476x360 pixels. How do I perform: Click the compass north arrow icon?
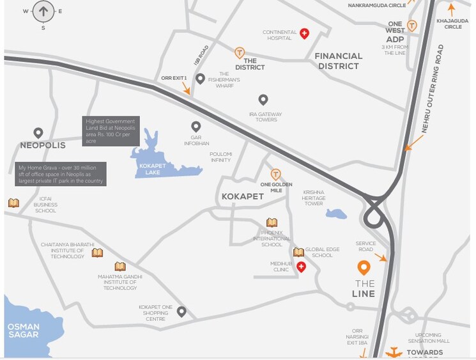click(43, 10)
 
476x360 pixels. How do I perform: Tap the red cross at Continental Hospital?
click(305, 33)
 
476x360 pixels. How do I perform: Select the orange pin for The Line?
click(364, 268)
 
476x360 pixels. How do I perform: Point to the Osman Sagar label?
click(24, 331)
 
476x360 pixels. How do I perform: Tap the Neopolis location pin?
click(38, 133)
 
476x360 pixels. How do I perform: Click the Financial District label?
click(339, 61)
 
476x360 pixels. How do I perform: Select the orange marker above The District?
click(240, 52)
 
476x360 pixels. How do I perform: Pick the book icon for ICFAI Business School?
click(13, 203)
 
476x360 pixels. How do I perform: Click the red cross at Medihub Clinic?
click(300, 267)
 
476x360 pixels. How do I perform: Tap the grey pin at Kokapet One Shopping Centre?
click(181, 311)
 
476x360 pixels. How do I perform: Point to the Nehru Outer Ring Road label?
click(433, 89)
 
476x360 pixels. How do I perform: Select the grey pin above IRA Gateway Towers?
click(263, 100)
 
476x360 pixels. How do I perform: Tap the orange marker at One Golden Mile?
click(276, 174)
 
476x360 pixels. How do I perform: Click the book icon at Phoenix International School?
click(272, 223)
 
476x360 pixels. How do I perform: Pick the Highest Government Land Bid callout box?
click(110, 130)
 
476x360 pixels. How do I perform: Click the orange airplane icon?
click(394, 352)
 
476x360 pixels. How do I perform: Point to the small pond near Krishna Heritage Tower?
click(336, 214)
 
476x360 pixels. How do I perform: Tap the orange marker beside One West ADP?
click(412, 26)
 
